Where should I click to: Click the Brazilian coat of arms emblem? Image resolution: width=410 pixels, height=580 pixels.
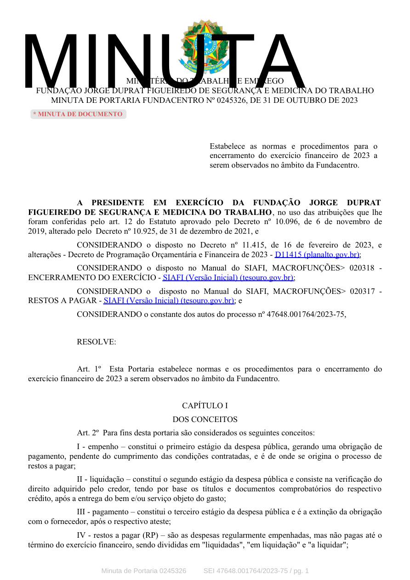[204, 46]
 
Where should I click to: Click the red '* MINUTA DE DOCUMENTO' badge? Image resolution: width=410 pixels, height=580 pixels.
[78, 114]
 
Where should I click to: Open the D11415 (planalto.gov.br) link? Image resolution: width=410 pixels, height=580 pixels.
[317, 254]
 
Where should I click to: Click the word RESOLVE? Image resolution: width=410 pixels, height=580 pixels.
[97, 342]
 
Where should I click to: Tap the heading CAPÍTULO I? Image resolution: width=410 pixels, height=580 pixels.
[205, 406]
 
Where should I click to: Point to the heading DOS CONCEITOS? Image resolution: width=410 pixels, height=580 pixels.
[205, 419]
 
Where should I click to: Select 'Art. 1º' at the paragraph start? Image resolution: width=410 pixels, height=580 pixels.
[89, 369]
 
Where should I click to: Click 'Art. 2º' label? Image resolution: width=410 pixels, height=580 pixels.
[88, 433]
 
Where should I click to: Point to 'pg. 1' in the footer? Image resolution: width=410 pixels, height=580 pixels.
[301, 571]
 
